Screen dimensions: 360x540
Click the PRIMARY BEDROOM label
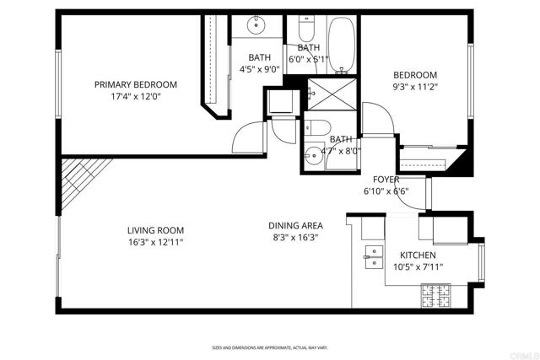135,84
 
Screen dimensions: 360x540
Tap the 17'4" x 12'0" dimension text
135,96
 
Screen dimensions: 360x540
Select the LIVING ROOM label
155,230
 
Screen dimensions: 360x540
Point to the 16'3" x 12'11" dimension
155,242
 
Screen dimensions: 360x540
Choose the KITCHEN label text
418,255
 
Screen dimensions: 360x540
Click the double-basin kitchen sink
371,256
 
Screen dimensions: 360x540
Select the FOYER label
386,180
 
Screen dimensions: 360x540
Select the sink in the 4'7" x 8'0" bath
314,156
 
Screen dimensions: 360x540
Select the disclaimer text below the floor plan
269,347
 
